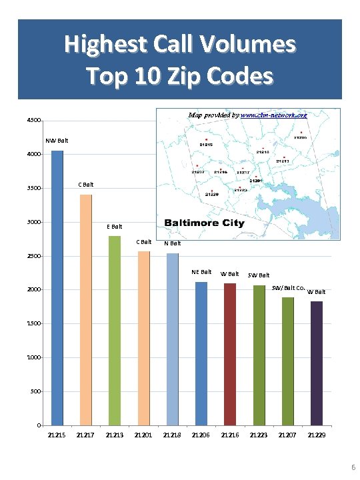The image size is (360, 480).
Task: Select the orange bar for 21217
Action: pyautogui.click(x=85, y=310)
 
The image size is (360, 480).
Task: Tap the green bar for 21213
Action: pyautogui.click(x=114, y=331)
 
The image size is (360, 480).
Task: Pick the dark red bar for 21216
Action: pyautogui.click(x=230, y=354)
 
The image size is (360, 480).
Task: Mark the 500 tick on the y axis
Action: pyautogui.click(x=34, y=392)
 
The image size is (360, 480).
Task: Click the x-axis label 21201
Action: pyautogui.click(x=143, y=435)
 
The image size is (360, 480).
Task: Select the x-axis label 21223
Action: pyautogui.click(x=259, y=435)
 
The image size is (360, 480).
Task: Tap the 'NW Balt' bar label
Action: pyautogui.click(x=57, y=141)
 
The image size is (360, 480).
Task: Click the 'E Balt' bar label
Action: pyautogui.click(x=115, y=227)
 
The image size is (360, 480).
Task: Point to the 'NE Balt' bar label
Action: pyautogui.click(x=201, y=272)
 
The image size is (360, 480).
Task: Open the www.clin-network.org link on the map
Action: pyautogui.click(x=273, y=115)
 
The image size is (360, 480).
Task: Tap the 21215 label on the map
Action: pyautogui.click(x=206, y=144)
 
